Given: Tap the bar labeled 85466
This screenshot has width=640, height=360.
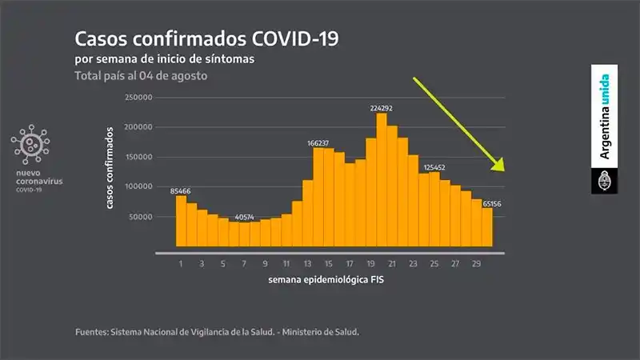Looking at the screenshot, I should [x=181, y=220].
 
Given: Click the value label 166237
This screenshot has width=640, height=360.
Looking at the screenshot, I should [x=318, y=143].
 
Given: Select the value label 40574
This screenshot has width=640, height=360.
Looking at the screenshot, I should [x=245, y=217].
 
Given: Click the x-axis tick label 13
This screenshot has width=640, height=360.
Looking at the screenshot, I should [x=307, y=262].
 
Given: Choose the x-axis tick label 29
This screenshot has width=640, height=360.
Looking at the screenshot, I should [x=476, y=262].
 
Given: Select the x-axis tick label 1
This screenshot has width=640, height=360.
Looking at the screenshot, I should [x=181, y=262].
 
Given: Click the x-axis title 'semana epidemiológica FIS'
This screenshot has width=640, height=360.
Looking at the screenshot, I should [x=330, y=282].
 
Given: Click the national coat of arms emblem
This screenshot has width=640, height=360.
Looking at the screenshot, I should [x=604, y=181].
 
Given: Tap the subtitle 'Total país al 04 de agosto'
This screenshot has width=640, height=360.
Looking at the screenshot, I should [x=142, y=76].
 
